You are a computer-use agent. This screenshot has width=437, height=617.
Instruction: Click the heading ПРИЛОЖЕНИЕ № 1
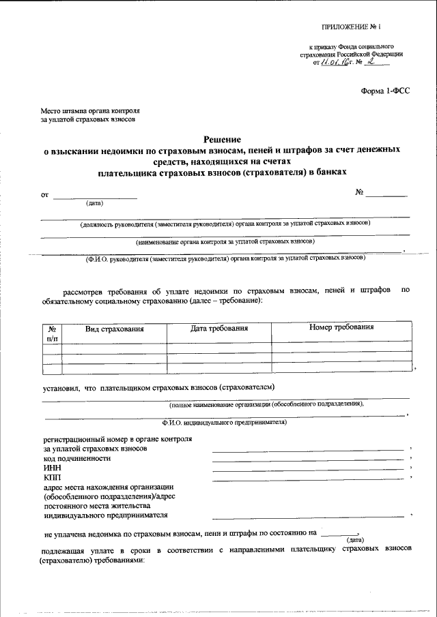354,27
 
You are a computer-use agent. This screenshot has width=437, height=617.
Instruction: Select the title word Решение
223,138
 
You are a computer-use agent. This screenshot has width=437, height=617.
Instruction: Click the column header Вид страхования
114,329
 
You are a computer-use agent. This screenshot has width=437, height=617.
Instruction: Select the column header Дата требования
218,329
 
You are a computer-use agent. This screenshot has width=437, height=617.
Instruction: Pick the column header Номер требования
341,327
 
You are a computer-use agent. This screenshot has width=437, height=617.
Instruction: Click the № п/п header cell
52,333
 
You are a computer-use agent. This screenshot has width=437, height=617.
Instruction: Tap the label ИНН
52,468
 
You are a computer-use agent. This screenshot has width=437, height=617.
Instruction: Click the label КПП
52,478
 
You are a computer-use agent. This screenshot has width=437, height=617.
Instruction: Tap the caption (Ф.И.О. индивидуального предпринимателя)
223,422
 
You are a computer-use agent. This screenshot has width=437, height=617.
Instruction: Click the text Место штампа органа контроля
90,110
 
